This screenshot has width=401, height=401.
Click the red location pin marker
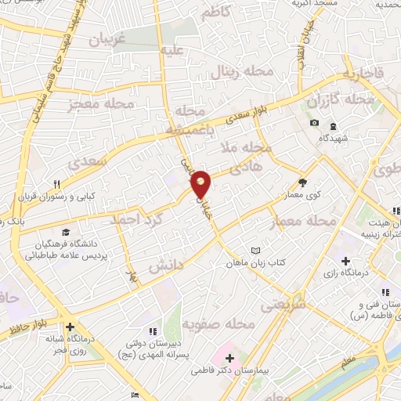pos(201,184)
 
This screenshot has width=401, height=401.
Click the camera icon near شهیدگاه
pos(314,123)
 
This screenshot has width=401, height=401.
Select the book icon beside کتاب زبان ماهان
pos(253,251)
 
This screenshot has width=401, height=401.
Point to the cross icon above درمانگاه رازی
pos(345,260)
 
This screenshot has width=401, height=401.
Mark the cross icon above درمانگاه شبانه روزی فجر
pos(70,327)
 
